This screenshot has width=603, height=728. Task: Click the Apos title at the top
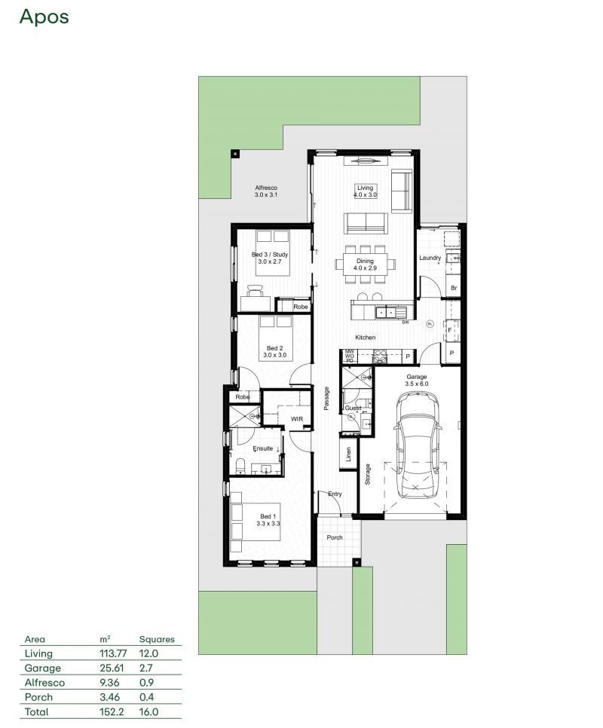tap(44, 17)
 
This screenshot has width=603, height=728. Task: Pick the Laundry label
tap(430, 258)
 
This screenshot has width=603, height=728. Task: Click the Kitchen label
tap(366, 338)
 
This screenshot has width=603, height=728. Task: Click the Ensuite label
tap(262, 448)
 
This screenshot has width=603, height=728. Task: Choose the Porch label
tap(334, 537)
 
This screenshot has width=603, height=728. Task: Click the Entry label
tap(335, 494)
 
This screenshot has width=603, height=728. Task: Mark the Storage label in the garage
tap(368, 474)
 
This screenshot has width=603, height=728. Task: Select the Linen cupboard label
tap(347, 454)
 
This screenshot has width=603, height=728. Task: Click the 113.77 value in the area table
tap(114, 653)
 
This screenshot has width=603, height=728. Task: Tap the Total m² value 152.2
tap(112, 711)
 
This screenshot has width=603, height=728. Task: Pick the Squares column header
tap(157, 639)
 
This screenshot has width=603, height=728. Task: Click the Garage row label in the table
tap(43, 668)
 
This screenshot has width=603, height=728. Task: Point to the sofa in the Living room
tap(366, 222)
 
